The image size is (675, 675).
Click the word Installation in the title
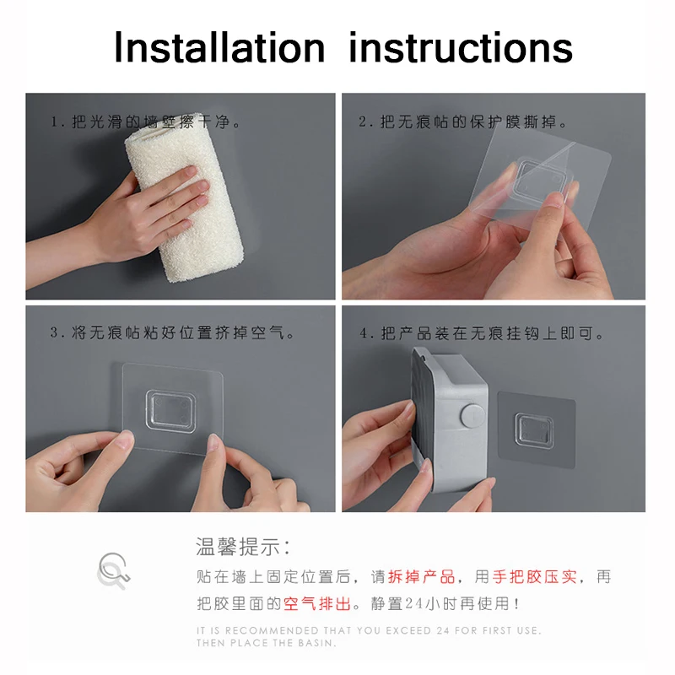tap(219, 47)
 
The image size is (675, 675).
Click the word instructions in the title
tap(461, 47)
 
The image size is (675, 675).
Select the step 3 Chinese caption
tap(174, 333)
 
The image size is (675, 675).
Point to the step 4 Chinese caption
tap(482, 334)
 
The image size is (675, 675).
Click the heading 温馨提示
tap(243, 547)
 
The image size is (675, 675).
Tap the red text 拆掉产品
tap(421, 577)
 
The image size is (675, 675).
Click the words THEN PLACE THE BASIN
tap(267, 643)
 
